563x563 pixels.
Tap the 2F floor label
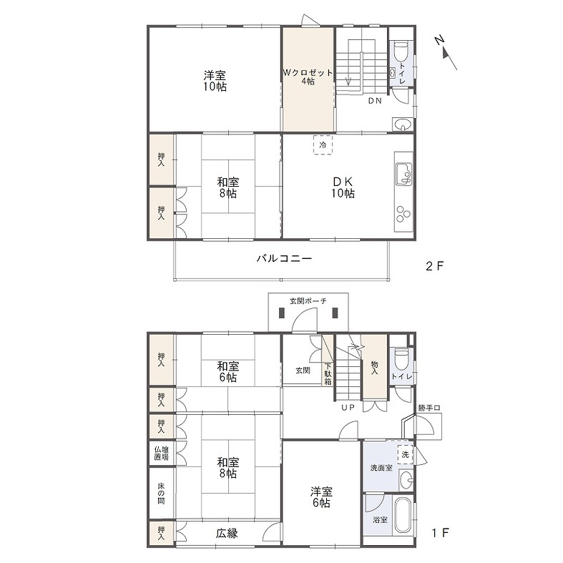click(435, 266)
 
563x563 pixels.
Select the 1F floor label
click(439, 533)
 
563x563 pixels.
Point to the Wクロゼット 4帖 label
click(308, 77)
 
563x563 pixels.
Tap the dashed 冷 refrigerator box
click(322, 145)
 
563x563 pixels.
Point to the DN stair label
click(375, 101)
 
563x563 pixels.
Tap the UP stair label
click(348, 408)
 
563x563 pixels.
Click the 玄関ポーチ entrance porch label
click(308, 301)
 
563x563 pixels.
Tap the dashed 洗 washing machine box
click(405, 454)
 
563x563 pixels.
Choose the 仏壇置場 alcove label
click(161, 452)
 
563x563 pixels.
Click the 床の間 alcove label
click(161, 494)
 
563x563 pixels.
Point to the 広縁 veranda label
click(227, 533)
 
